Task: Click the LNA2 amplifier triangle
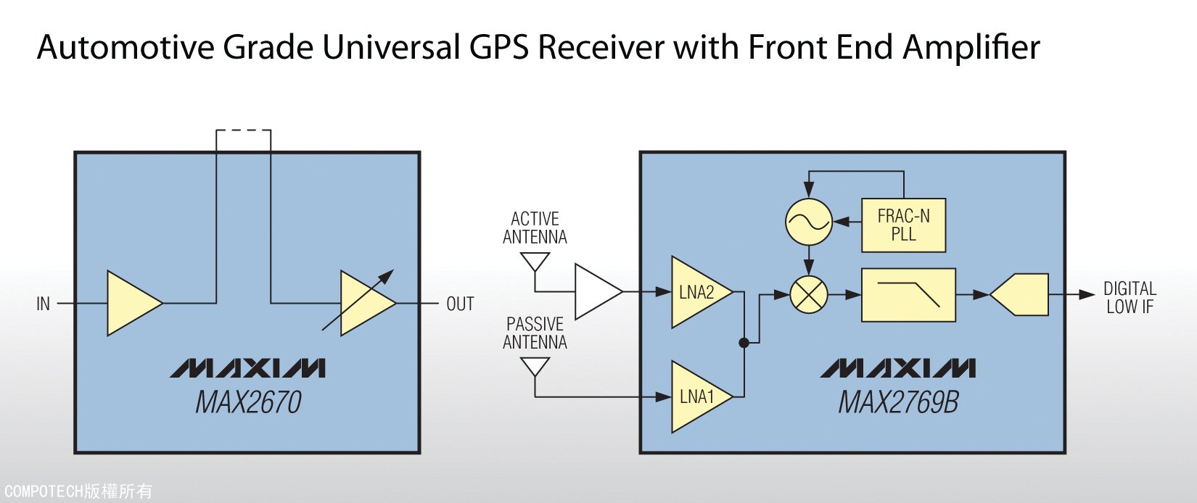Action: click(696, 292)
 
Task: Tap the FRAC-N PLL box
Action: click(903, 225)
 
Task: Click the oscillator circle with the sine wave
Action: click(808, 222)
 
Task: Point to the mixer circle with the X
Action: click(808, 294)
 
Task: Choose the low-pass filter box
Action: click(908, 295)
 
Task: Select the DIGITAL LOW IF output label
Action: click(1129, 297)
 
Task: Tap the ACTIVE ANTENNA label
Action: click(535, 228)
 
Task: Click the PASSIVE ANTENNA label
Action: click(535, 333)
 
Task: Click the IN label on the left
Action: click(44, 304)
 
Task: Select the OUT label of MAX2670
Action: click(460, 304)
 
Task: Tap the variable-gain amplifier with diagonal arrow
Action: click(365, 303)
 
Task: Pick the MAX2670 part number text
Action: click(248, 403)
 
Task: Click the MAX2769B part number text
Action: click(898, 403)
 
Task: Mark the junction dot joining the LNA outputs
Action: click(744, 343)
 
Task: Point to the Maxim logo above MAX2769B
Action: click(898, 368)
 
